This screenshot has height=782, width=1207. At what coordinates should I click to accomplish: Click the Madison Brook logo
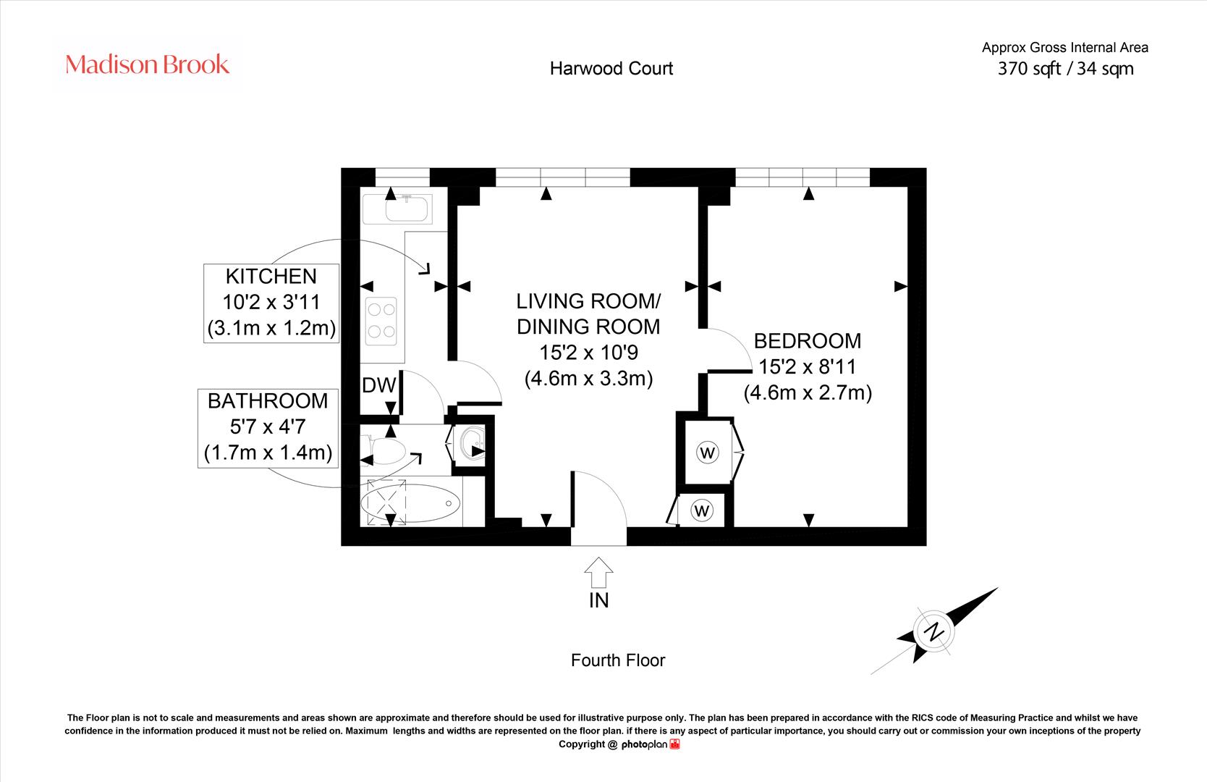coord(147,64)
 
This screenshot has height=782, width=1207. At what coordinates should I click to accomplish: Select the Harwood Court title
coord(611,69)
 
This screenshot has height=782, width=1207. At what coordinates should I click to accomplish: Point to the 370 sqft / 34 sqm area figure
coord(1065,69)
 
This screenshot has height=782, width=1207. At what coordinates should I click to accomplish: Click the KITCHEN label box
coord(271,303)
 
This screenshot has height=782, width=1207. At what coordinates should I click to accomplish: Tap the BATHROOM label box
coord(268,428)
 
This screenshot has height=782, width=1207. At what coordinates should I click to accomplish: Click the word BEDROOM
coord(807,341)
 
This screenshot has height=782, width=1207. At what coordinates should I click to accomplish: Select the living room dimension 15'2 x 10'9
coord(588,353)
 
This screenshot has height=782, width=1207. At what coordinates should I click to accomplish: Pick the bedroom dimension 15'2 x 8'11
coord(807,366)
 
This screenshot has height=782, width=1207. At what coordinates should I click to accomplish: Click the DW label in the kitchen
coord(378,385)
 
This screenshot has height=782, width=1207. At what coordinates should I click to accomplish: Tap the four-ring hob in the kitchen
coord(381,321)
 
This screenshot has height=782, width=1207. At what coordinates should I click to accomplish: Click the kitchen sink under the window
coord(397,209)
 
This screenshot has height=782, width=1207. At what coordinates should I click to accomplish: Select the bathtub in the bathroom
coord(410,503)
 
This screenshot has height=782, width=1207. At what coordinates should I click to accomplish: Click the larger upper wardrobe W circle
coord(708,453)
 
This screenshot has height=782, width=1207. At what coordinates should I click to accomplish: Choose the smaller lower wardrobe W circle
coord(702,510)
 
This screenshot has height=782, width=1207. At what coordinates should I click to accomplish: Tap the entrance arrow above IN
coord(598,572)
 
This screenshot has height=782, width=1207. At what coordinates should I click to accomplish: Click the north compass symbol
coord(934,631)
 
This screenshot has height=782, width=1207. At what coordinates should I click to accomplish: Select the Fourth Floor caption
coord(618,660)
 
